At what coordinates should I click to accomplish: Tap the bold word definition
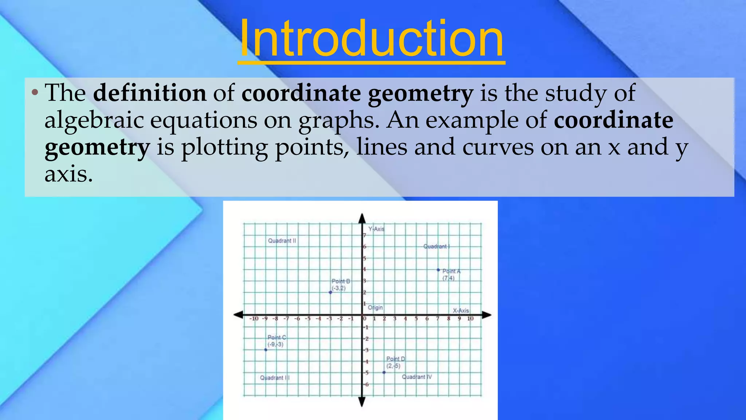150,93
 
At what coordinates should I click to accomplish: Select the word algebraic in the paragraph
94,120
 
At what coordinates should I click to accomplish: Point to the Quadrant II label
282,241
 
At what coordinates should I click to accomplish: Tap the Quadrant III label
275,378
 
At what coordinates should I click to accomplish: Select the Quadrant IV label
417,377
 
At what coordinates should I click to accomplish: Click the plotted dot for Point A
438,270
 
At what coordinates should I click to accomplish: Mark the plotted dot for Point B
330,292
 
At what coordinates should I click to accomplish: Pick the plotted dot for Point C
266,350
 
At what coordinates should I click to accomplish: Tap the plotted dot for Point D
384,372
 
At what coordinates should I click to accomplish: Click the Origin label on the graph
375,308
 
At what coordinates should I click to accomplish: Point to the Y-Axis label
376,229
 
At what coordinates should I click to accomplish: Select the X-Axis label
461,311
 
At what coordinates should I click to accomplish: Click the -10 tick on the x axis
254,319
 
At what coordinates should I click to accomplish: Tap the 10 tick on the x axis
470,319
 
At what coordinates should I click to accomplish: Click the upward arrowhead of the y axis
362,218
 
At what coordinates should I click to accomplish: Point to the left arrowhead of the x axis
239,315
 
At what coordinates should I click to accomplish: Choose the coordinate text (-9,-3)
275,345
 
